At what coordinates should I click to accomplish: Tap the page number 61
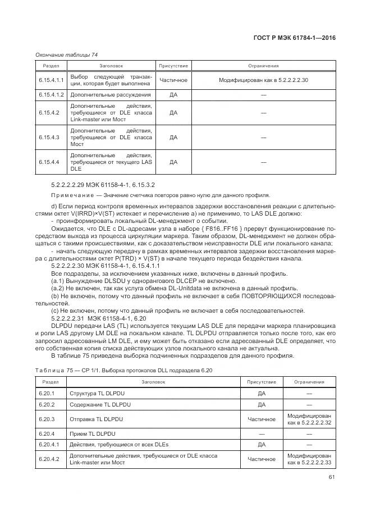point(332,478)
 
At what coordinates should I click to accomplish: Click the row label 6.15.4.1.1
point(52,80)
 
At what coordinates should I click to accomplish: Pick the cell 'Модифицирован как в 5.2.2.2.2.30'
point(263,80)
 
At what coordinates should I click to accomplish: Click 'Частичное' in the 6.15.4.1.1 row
point(173,80)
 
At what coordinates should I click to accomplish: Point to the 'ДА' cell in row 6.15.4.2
point(173,113)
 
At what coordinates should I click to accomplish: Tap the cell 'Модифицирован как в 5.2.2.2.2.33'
point(309,459)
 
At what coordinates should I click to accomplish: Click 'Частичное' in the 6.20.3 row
point(261,419)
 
